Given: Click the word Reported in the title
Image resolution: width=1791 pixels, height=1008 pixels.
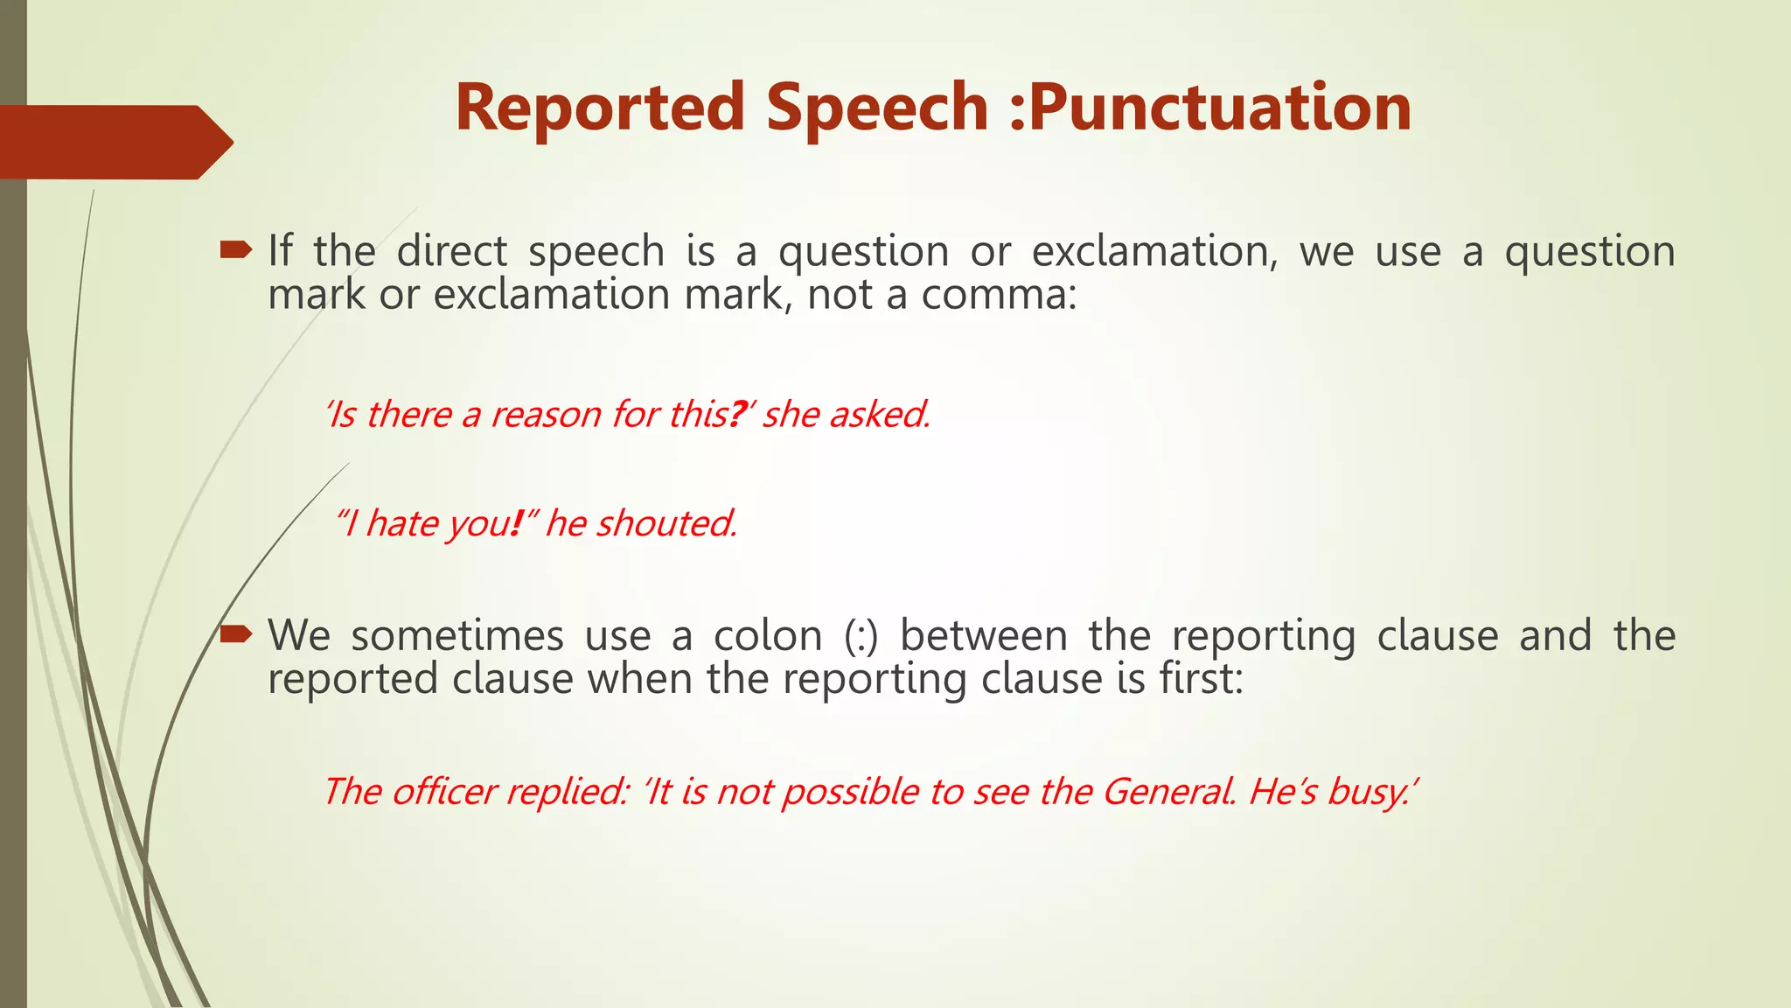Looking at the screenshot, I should [599, 108].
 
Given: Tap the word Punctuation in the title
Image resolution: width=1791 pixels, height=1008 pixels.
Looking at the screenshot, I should [1221, 108].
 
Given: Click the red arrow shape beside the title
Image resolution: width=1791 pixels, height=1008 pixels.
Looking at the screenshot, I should [114, 142].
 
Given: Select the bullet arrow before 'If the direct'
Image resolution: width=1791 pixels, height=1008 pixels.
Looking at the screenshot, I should [235, 252].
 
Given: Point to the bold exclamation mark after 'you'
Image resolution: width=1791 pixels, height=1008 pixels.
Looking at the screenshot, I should [516, 523].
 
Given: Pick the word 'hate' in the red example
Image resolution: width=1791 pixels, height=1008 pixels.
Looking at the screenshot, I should [402, 523].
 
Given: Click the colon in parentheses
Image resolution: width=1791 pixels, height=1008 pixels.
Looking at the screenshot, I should [861, 636].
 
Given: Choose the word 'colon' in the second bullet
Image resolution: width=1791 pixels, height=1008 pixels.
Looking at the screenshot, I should [768, 636].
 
